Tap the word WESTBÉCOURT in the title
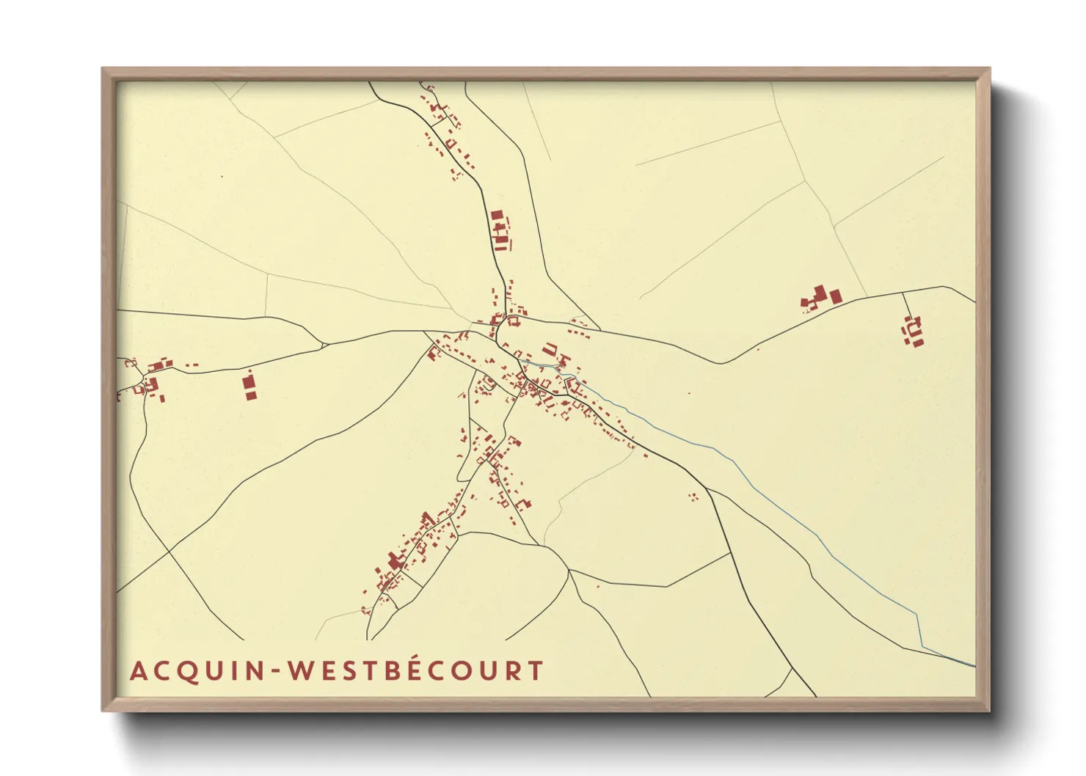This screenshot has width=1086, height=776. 415,671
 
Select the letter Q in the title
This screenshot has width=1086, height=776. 183,672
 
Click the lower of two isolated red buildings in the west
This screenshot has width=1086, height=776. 250,396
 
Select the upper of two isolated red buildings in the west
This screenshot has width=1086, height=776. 249,382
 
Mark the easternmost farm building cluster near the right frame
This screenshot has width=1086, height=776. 913,332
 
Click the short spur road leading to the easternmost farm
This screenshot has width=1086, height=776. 905,304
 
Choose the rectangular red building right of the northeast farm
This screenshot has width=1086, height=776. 835,297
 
